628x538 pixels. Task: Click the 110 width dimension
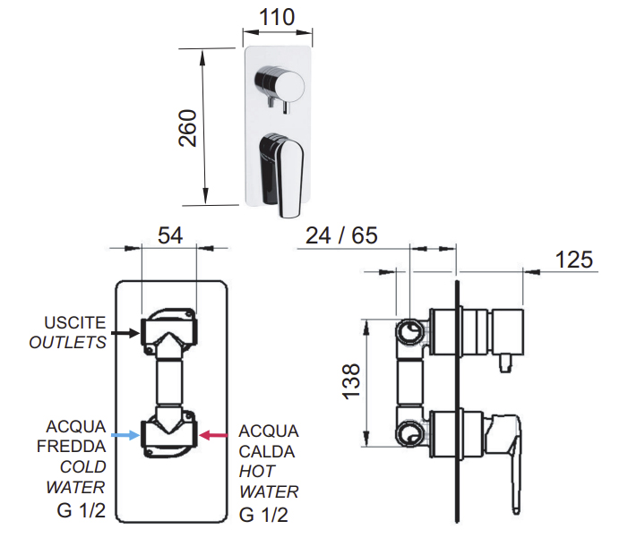(277, 17)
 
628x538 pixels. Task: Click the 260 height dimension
(187, 128)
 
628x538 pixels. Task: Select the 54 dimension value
(170, 235)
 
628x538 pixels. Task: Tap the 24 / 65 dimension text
(341, 235)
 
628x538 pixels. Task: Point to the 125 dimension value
(573, 260)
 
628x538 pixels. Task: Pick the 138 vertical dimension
(351, 381)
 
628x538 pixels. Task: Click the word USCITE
(75, 322)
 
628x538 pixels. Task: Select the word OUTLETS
(68, 342)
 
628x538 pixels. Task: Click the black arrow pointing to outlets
(125, 333)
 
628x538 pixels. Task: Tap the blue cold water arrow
(125, 436)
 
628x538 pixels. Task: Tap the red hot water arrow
(213, 436)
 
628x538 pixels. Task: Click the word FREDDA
(72, 447)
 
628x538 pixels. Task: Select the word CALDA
(267, 451)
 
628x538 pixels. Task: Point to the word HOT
(257, 472)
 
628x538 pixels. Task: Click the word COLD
(83, 466)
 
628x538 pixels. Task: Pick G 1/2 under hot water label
(263, 515)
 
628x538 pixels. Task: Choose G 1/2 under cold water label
(82, 510)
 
